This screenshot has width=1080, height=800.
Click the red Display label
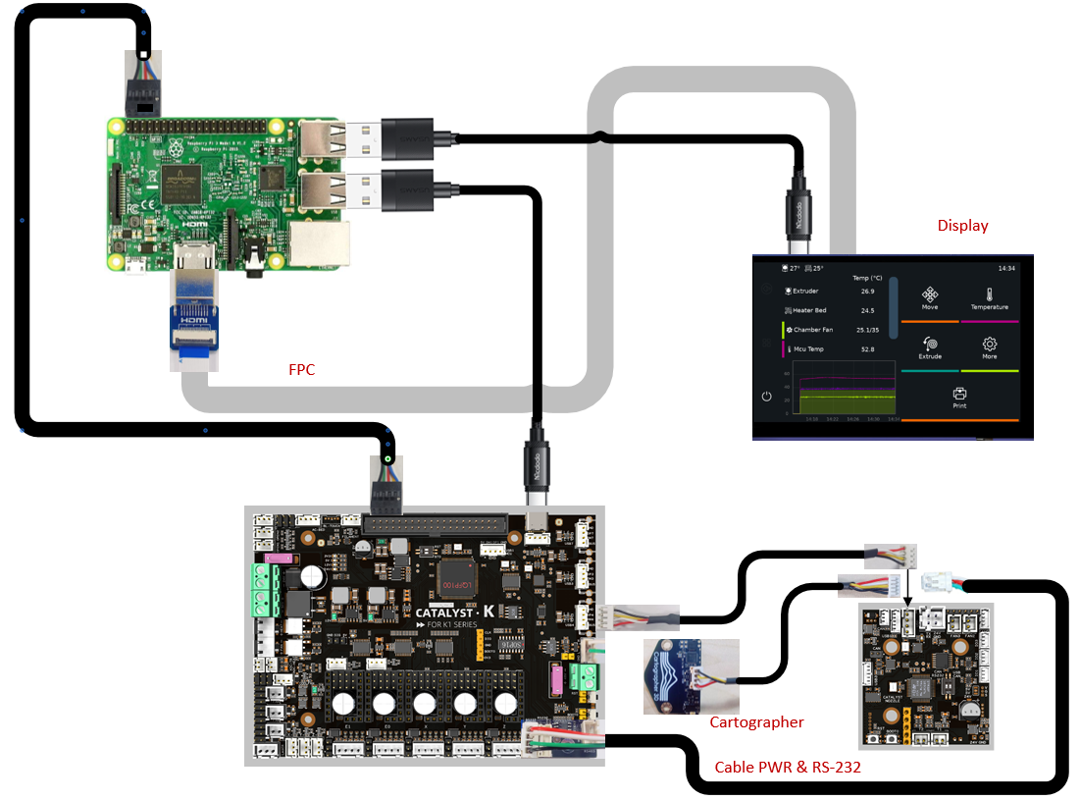[x=962, y=226]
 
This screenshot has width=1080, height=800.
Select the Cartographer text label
[x=756, y=722]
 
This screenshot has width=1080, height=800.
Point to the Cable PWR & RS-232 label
[x=788, y=768]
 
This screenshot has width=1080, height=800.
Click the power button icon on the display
[x=766, y=398]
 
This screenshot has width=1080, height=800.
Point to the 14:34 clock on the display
[x=1006, y=267]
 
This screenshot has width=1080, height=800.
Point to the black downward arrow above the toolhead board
[x=906, y=588]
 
